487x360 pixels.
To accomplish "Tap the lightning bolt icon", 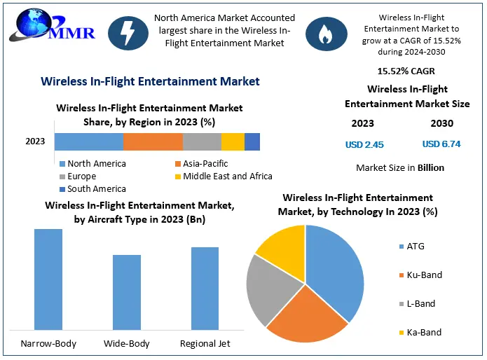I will (128, 33).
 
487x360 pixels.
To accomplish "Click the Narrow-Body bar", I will (48, 279).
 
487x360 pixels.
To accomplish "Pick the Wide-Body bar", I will (127, 291).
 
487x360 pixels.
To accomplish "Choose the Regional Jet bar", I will (205, 288).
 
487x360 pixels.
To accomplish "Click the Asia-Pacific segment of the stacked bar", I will (153, 141).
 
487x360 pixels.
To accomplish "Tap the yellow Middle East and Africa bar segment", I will (233, 141).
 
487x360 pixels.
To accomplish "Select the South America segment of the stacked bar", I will (252, 141).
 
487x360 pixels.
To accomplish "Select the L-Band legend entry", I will (420, 304).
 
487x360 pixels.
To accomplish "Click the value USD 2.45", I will (364, 145).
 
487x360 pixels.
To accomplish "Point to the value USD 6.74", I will (441, 144).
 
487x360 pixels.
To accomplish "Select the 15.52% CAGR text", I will (407, 71).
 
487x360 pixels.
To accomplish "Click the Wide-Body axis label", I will (127, 344).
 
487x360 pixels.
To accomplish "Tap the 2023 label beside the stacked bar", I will (35, 141).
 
